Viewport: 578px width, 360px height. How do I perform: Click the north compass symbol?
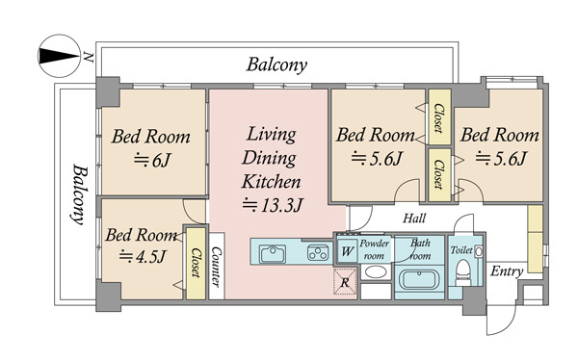point(59,56)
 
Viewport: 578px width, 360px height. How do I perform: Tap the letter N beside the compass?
point(88,57)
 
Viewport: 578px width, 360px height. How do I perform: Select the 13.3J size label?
point(273,205)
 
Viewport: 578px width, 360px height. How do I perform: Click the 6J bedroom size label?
point(151,160)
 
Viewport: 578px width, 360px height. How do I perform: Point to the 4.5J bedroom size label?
point(142,256)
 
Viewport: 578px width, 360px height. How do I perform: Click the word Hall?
point(414,219)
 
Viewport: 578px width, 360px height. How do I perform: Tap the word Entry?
point(507,271)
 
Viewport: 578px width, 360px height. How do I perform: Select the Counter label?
point(217,266)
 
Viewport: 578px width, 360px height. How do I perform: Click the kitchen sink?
point(273,253)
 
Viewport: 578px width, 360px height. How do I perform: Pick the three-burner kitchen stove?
point(318,253)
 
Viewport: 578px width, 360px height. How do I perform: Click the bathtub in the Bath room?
point(419,280)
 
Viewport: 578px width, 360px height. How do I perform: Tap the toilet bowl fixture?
point(463,272)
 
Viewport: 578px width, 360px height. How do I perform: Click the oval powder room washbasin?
point(376,272)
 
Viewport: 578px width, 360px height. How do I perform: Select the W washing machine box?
point(347,251)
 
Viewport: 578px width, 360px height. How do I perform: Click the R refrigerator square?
point(345,282)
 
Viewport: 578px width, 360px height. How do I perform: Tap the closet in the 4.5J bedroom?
point(196,263)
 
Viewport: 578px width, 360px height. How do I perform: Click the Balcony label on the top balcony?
point(276,64)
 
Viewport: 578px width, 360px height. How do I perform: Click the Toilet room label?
point(461,250)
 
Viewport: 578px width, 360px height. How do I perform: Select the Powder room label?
point(374,249)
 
